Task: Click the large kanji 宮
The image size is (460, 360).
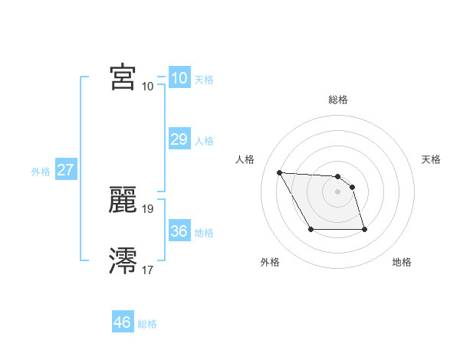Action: click(123, 77)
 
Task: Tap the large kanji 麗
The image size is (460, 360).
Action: click(123, 200)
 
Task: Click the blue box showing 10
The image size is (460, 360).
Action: click(179, 78)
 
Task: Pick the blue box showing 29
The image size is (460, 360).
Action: click(179, 139)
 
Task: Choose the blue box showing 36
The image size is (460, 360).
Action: click(179, 231)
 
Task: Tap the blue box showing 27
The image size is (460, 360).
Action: click(65, 170)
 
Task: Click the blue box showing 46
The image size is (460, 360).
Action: click(123, 322)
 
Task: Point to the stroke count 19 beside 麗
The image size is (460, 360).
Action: click(148, 208)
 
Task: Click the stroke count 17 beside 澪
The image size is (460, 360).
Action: click(148, 270)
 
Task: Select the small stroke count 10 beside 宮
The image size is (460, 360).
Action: click(148, 86)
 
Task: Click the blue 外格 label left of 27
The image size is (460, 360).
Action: click(41, 172)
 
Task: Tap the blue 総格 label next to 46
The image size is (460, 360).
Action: click(147, 324)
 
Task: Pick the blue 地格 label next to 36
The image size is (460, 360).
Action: click(204, 233)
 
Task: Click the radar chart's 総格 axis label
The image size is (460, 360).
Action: click(338, 100)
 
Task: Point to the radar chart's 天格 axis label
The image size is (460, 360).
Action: click(431, 159)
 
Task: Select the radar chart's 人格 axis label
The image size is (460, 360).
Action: click(245, 159)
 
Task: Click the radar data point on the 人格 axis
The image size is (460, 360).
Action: click(279, 172)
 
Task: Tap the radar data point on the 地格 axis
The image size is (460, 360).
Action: click(364, 229)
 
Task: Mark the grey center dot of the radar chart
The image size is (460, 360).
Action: click(338, 191)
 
